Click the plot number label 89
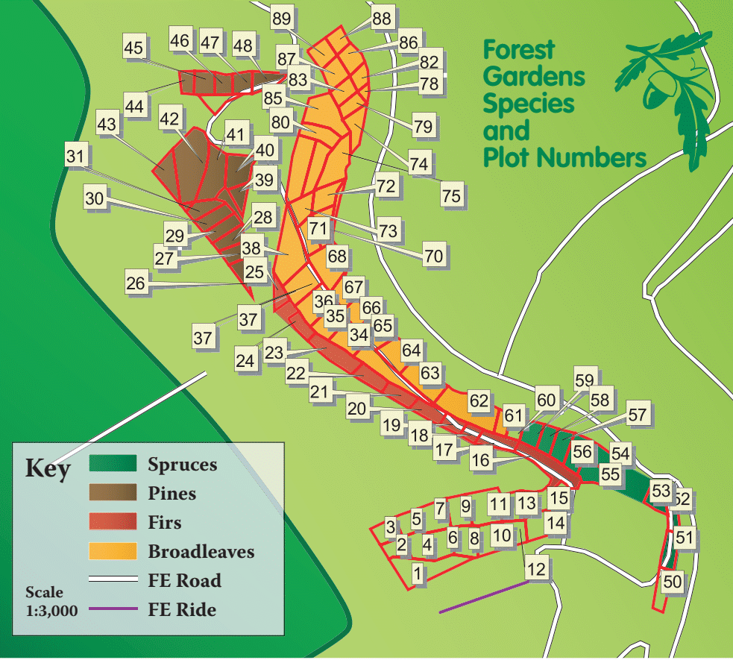click(282, 19)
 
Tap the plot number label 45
click(133, 48)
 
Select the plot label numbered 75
click(451, 195)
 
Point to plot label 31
click(75, 157)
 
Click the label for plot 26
click(136, 283)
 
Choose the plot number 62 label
click(479, 401)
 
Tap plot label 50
click(672, 582)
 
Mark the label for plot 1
click(418, 573)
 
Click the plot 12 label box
click(536, 569)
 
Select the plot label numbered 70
click(434, 256)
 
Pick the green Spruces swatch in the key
click(113, 464)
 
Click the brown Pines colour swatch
click(113, 493)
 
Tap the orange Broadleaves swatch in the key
click(113, 551)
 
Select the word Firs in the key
click(165, 522)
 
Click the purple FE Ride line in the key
click(113, 609)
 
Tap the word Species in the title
click(528, 103)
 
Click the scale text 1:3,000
click(44, 609)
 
